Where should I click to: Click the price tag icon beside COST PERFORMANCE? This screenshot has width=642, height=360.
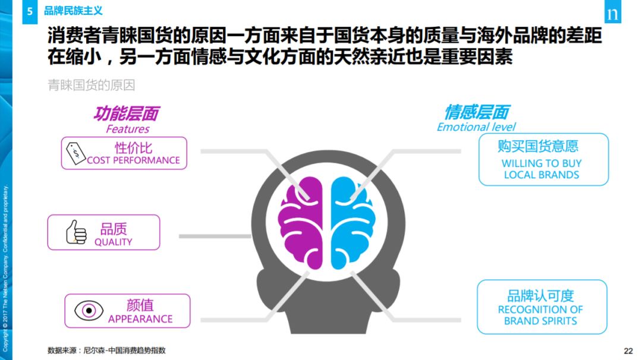[x=76, y=153]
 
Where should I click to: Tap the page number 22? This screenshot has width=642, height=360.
[x=628, y=350]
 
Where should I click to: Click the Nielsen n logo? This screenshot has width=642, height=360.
[x=612, y=14]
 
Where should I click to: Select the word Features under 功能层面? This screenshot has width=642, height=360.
[x=127, y=129]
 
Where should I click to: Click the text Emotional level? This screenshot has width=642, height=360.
[x=476, y=127]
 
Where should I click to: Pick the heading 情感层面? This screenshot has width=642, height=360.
[x=476, y=112]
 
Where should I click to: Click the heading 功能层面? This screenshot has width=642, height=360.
[x=126, y=113]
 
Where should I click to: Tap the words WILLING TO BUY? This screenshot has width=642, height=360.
[x=542, y=163]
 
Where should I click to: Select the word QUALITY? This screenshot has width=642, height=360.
[x=113, y=242]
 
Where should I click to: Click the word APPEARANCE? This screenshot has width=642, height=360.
[x=140, y=319]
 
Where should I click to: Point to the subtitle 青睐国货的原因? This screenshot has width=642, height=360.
[x=92, y=85]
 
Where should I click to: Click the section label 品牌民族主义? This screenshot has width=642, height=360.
[x=73, y=11]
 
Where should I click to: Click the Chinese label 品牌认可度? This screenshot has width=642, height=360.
[x=540, y=296]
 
